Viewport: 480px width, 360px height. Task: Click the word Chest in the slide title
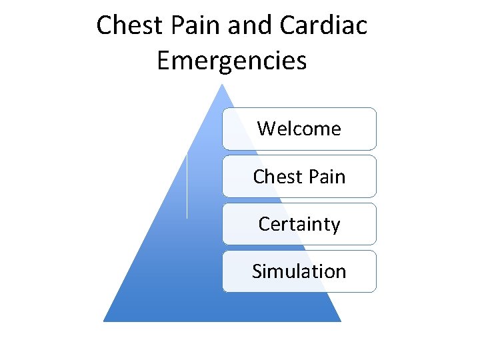(x=126, y=26)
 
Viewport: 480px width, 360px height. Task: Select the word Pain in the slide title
(x=191, y=26)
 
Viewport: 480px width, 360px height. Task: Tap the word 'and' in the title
(x=251, y=26)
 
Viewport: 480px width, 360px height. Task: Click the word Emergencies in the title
(x=231, y=61)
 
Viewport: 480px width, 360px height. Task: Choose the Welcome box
(x=299, y=129)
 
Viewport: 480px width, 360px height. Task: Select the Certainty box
(x=299, y=224)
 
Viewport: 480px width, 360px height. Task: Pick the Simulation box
(x=299, y=271)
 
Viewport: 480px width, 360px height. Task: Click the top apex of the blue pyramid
(x=222, y=85)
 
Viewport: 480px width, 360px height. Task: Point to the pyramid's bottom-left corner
(x=105, y=321)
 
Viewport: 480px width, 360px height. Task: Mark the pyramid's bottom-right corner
(x=340, y=321)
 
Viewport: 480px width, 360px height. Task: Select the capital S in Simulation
(x=257, y=271)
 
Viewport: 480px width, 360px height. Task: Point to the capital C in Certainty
(x=263, y=225)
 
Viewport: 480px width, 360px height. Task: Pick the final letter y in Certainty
(x=335, y=227)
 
